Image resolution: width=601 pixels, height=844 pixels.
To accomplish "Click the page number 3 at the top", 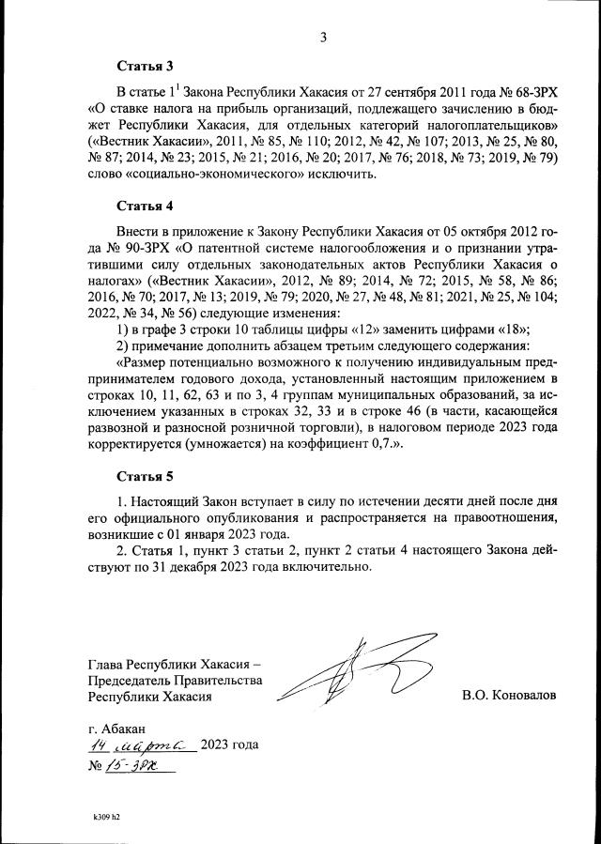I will [x=323, y=38].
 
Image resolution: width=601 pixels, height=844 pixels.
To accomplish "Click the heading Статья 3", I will [x=145, y=67].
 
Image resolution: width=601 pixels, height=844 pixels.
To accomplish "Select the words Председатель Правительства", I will [x=175, y=680].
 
